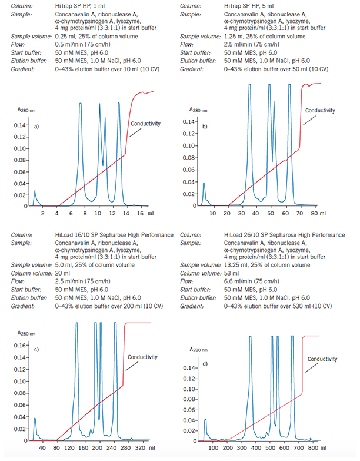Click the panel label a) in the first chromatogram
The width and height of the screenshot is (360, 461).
(37, 127)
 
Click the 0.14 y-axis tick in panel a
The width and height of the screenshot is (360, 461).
(19, 125)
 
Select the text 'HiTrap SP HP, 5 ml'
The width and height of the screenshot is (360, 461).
(249, 5)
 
